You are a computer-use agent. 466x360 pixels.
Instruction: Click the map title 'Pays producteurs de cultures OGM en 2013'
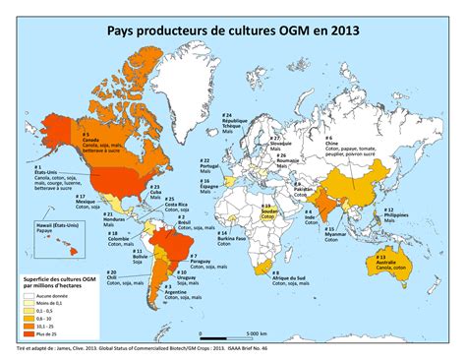[233, 30]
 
